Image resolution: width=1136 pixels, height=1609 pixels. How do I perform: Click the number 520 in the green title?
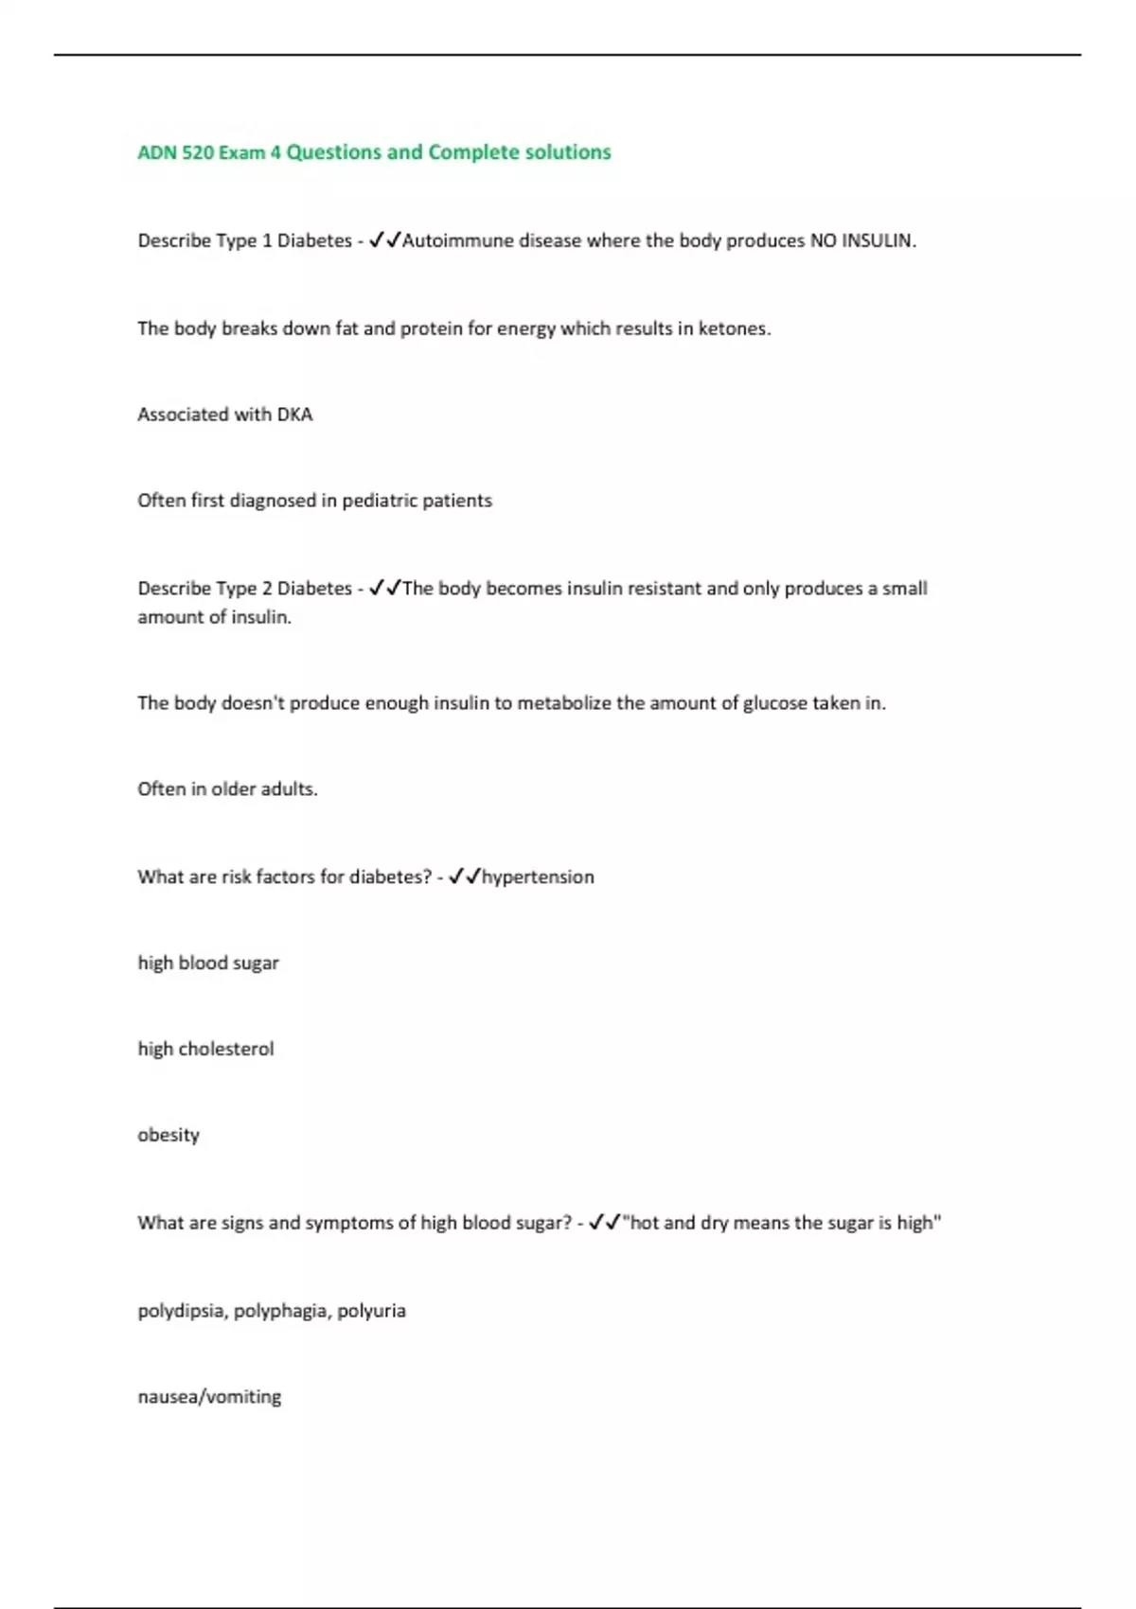coord(197,152)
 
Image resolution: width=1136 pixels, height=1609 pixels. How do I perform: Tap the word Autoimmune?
coord(458,240)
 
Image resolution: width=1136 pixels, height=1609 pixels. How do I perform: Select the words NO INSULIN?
coord(861,240)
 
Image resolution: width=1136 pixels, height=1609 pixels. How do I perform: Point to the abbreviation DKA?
coord(293,415)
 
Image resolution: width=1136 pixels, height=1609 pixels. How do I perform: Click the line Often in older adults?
coord(227,789)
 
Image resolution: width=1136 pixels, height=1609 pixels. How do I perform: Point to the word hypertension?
coord(538,877)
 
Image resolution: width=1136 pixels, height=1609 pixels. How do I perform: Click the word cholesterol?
coord(226,1049)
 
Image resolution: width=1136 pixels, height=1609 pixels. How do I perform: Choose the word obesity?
coord(169,1135)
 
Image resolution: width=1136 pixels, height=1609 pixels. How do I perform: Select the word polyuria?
coord(371,1311)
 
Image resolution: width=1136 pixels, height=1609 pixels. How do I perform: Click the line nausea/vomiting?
coord(209,1397)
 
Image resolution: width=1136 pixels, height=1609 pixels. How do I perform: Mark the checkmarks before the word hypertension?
coord(465,876)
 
